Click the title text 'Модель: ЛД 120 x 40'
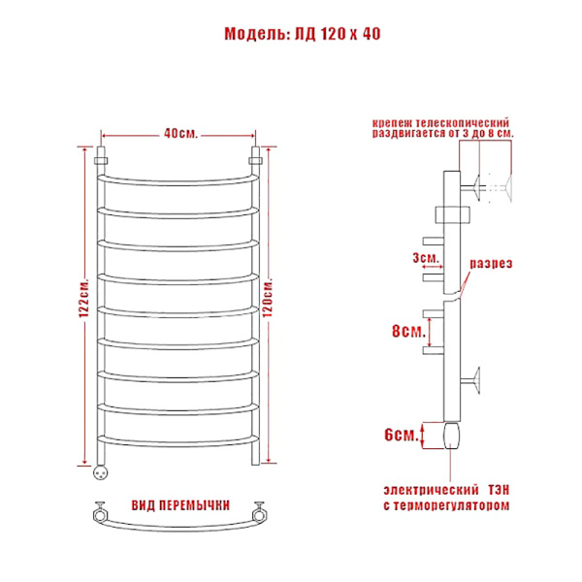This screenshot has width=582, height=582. click(303, 34)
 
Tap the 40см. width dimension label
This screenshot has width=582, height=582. click(181, 133)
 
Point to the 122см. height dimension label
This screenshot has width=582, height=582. click(83, 298)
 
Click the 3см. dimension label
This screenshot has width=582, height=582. click(426, 257)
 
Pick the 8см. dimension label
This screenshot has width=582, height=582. click(408, 331)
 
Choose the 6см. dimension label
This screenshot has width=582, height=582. click(402, 435)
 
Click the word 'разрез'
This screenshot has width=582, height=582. click(491, 263)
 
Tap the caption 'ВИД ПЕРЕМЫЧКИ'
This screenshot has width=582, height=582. click(180, 505)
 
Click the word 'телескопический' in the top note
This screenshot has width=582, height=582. click(463, 122)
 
